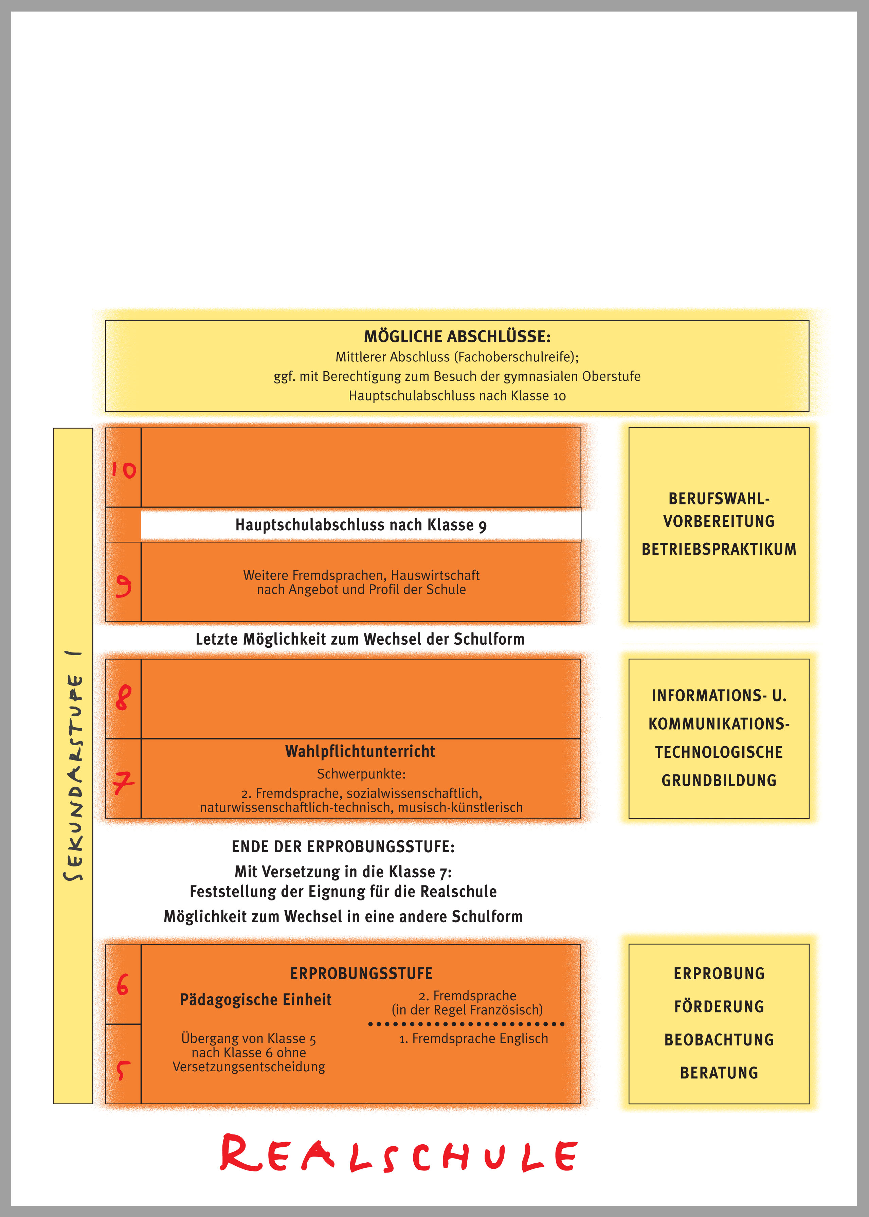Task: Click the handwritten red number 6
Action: [x=123, y=985]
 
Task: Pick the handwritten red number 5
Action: [x=123, y=1070]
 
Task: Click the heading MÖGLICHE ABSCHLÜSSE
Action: [x=457, y=337]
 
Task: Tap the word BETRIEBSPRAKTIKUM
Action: [x=719, y=549]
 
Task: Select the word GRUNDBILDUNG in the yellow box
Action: [x=719, y=780]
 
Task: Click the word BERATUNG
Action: [x=719, y=1073]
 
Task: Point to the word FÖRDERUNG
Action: [x=719, y=1007]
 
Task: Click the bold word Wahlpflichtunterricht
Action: [x=360, y=751]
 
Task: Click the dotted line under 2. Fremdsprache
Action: [x=466, y=1024]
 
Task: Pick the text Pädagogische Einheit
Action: [x=255, y=1000]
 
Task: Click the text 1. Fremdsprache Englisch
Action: [x=474, y=1038]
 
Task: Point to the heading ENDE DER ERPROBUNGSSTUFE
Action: [x=343, y=847]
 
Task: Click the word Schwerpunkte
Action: [x=361, y=774]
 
